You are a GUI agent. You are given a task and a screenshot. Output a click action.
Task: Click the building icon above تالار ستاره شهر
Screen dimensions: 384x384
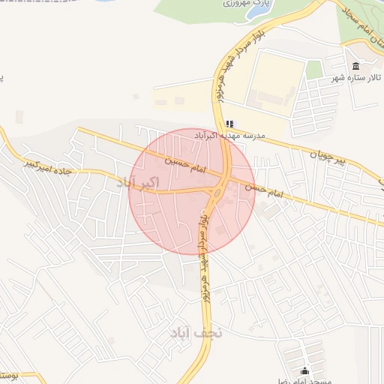coord(355,66)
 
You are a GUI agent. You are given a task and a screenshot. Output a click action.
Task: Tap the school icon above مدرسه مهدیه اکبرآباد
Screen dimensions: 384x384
coord(229,124)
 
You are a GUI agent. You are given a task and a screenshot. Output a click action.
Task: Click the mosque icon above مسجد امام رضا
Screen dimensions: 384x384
coord(304,370)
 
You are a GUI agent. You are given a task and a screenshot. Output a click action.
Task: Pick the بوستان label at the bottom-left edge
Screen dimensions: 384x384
coord(15,374)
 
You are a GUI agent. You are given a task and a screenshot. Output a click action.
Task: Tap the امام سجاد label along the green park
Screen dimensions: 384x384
coord(365,30)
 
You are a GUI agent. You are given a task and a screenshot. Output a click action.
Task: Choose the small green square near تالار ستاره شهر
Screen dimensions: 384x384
coord(314,70)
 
